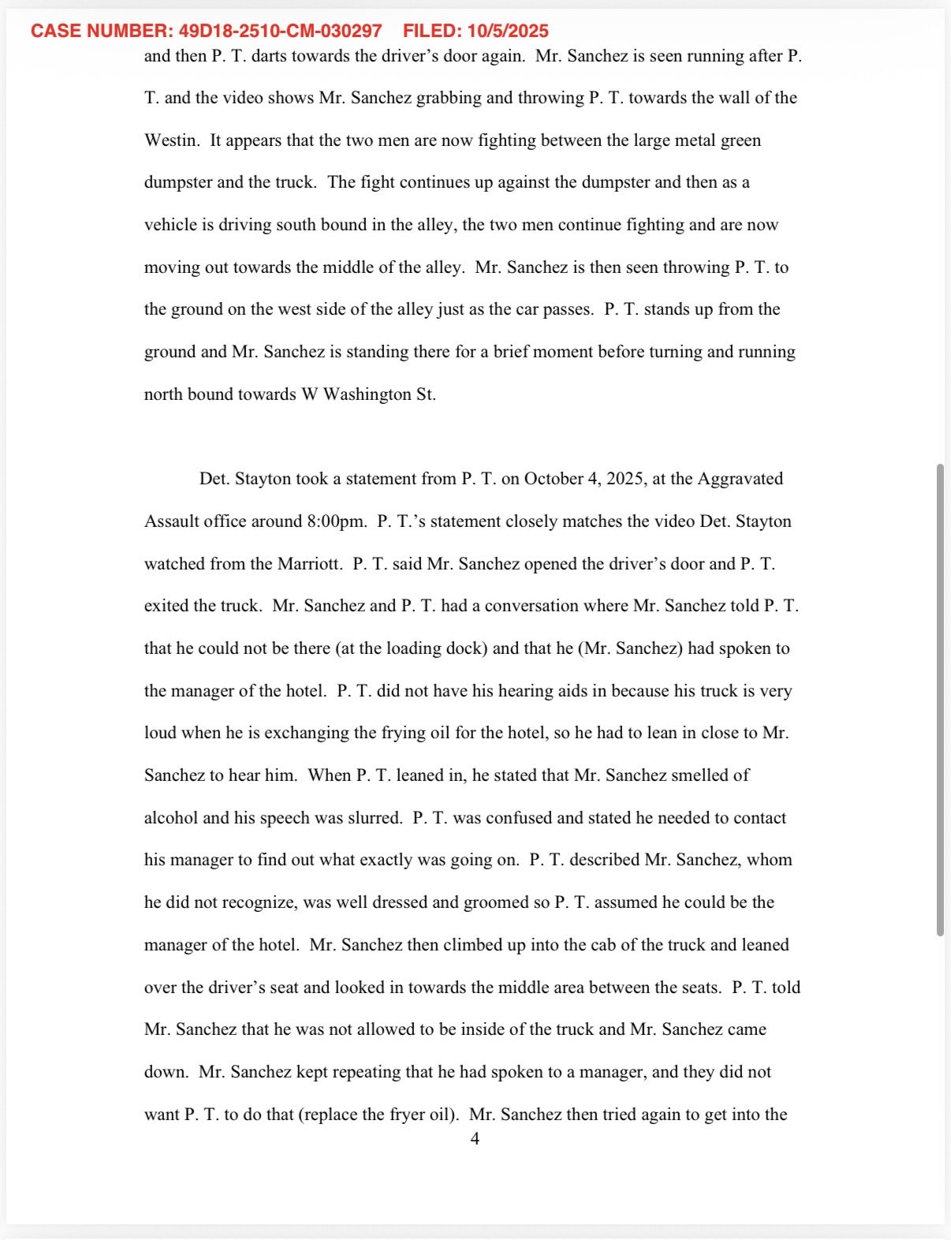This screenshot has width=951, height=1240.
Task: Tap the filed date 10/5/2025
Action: pyautogui.click(x=508, y=32)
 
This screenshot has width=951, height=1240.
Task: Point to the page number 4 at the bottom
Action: pyautogui.click(x=475, y=1139)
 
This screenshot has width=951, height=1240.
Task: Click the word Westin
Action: pyautogui.click(x=171, y=140)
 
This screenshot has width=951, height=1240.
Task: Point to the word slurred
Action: pyautogui.click(x=375, y=818)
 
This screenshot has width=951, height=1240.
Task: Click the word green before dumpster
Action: pyautogui.click(x=740, y=140)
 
